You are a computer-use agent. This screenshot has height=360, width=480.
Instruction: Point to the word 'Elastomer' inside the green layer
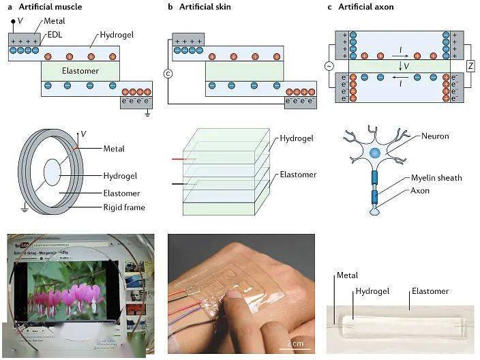click(x=80, y=71)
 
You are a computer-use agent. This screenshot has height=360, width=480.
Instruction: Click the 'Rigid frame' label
click(x=124, y=208)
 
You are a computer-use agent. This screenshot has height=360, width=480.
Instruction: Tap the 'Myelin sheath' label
click(x=436, y=178)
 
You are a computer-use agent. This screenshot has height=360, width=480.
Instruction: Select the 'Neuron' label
click(x=435, y=136)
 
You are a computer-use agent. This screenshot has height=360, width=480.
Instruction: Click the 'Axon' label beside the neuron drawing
click(x=420, y=191)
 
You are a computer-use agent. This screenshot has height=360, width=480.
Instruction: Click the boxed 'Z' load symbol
click(x=470, y=65)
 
